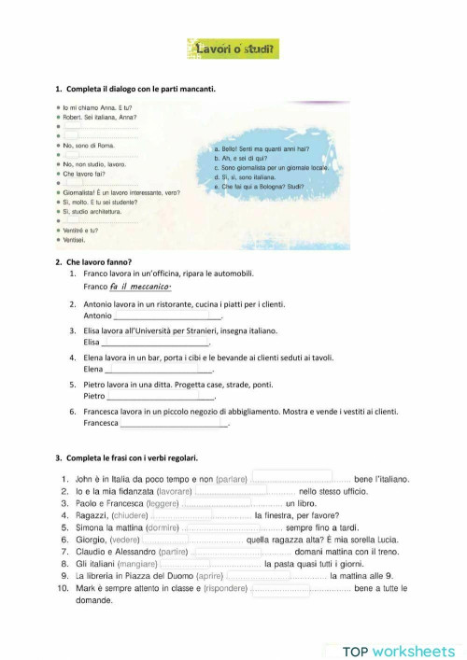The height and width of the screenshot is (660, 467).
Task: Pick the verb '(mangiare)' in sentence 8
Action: click(137, 564)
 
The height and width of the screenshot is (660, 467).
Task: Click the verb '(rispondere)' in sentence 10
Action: click(228, 589)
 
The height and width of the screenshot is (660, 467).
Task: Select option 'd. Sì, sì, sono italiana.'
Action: click(246, 176)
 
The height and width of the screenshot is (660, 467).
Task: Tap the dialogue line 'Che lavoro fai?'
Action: click(84, 174)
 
